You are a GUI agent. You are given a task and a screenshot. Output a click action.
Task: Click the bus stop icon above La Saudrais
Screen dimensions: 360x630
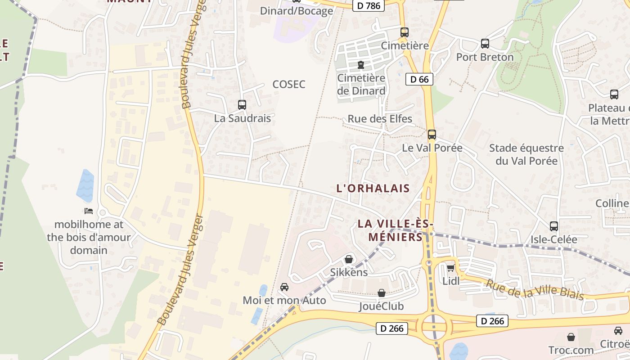click(242, 105)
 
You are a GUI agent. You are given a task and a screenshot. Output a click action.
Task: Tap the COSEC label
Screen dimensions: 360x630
click(289, 84)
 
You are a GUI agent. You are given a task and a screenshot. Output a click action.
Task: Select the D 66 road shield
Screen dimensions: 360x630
click(419, 80)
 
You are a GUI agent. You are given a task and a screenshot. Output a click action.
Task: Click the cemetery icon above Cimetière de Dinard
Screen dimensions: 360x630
click(361, 65)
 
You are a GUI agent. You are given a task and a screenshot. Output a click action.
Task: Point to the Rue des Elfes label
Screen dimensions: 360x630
click(380, 119)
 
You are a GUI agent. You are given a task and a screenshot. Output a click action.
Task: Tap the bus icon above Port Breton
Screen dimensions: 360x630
click(485, 44)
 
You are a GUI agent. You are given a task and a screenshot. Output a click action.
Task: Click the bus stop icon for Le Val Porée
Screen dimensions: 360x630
click(432, 134)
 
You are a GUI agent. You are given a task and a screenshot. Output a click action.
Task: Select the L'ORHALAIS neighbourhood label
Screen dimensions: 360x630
click(373, 189)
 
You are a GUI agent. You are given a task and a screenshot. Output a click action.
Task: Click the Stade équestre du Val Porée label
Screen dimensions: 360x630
click(526, 154)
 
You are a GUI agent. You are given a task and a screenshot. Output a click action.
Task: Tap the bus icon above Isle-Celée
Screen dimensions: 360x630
click(554, 226)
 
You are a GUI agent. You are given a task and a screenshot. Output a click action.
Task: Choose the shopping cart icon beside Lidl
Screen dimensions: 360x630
click(450, 268)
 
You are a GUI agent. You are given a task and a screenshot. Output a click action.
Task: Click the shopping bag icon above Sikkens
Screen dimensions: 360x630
click(349, 259)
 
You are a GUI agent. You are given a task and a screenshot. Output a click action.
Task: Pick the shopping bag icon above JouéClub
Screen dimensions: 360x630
click(382, 293)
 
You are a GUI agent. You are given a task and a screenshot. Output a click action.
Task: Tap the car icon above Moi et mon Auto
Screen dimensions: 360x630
click(284, 287)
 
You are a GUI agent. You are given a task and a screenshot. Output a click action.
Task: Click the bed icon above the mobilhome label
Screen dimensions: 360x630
click(89, 211)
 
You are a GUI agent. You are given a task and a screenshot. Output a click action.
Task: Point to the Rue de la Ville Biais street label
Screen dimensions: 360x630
click(535, 289)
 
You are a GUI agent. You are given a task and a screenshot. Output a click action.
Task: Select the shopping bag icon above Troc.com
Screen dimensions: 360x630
click(571, 337)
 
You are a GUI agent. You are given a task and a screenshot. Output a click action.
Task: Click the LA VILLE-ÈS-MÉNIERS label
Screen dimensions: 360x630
click(396, 230)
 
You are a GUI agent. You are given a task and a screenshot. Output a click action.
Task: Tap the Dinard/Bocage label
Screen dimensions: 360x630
click(297, 11)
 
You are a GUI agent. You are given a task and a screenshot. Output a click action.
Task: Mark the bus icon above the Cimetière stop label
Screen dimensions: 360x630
click(405, 32)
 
